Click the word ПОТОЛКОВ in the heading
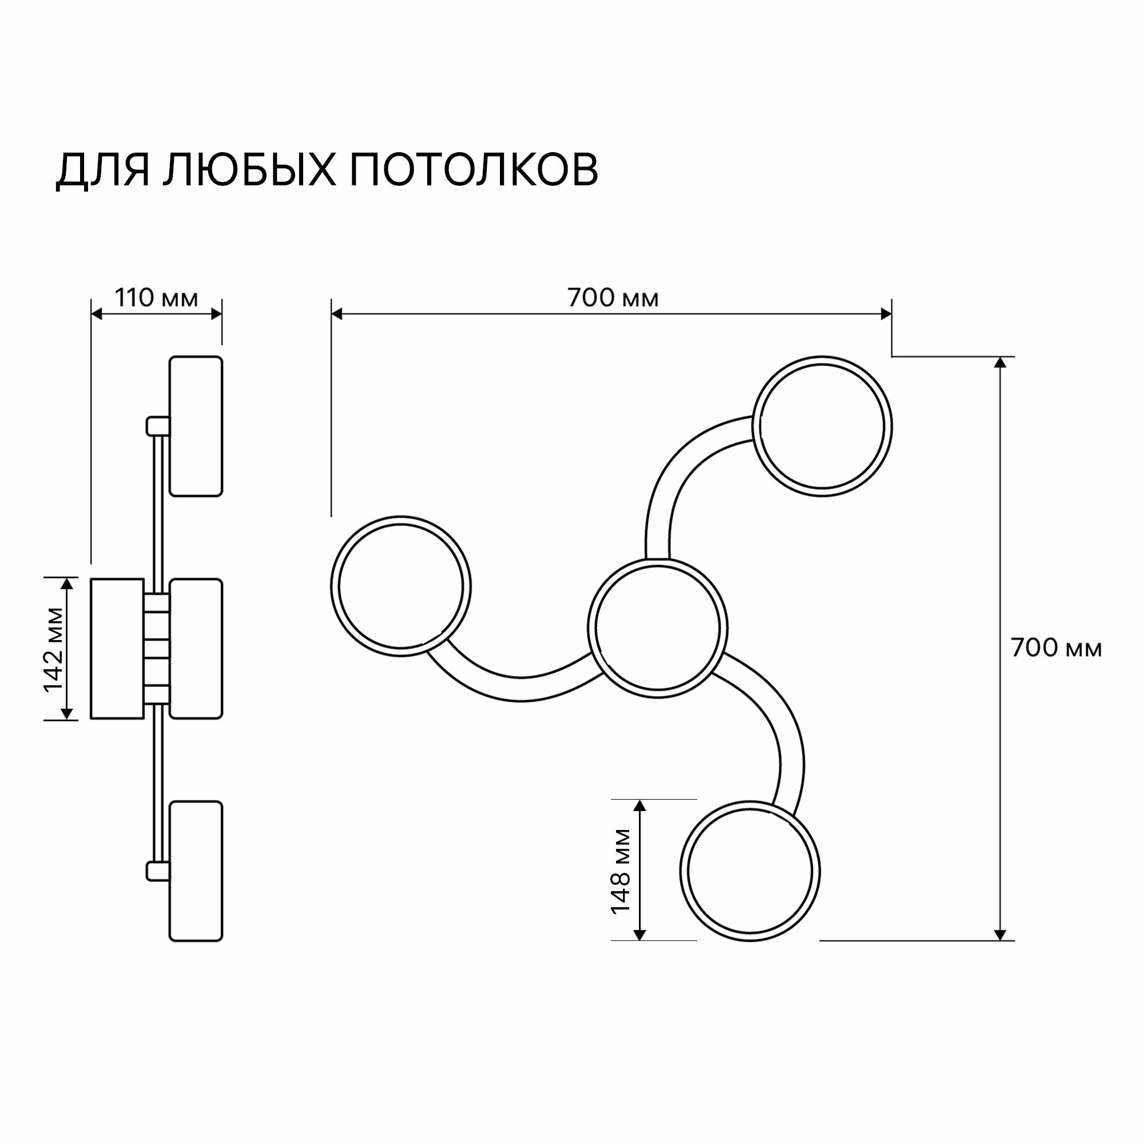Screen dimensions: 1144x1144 pyautogui.click(x=474, y=170)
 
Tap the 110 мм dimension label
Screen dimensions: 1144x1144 pyautogui.click(x=156, y=298)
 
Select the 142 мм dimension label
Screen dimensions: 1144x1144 pyautogui.click(x=54, y=649)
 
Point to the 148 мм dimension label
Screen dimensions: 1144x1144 pyautogui.click(x=621, y=871)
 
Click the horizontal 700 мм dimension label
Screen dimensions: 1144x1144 pyautogui.click(x=613, y=298)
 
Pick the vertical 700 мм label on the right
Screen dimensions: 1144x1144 pyautogui.click(x=1056, y=649)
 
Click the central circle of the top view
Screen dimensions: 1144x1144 pyautogui.click(x=658, y=626)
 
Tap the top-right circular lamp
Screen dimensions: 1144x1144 pyautogui.click(x=823, y=426)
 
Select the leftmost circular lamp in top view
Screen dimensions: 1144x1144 pyautogui.click(x=401, y=586)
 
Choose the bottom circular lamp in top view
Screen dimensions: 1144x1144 pyautogui.click(x=750, y=871)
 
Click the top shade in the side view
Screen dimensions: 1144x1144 pyautogui.click(x=196, y=426)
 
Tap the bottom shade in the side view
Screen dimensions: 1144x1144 pyautogui.click(x=196, y=871)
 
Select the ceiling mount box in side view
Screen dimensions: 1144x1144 pyautogui.click(x=117, y=649)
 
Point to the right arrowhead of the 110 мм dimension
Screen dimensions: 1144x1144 pyautogui.click(x=217, y=314)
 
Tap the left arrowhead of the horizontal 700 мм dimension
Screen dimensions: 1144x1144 pyautogui.click(x=337, y=314)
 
